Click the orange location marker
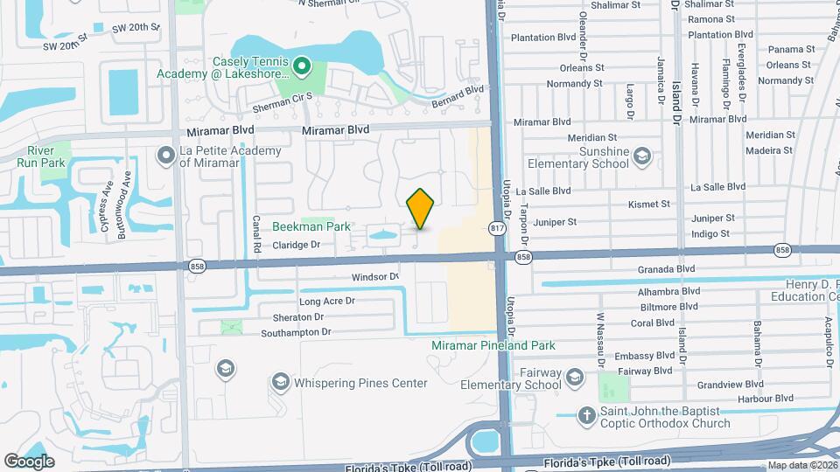click(x=421, y=209)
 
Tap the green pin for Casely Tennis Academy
click(x=302, y=65)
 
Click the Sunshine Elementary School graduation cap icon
click(x=641, y=156)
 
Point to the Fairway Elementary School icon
click(x=575, y=377)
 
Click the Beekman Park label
click(x=311, y=226)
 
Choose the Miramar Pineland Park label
click(x=493, y=345)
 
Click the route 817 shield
click(x=497, y=228)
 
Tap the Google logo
click(x=29, y=461)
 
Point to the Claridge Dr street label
click(x=296, y=246)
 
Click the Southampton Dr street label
click(x=296, y=332)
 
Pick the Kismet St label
click(x=648, y=205)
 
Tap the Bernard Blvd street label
click(x=458, y=96)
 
